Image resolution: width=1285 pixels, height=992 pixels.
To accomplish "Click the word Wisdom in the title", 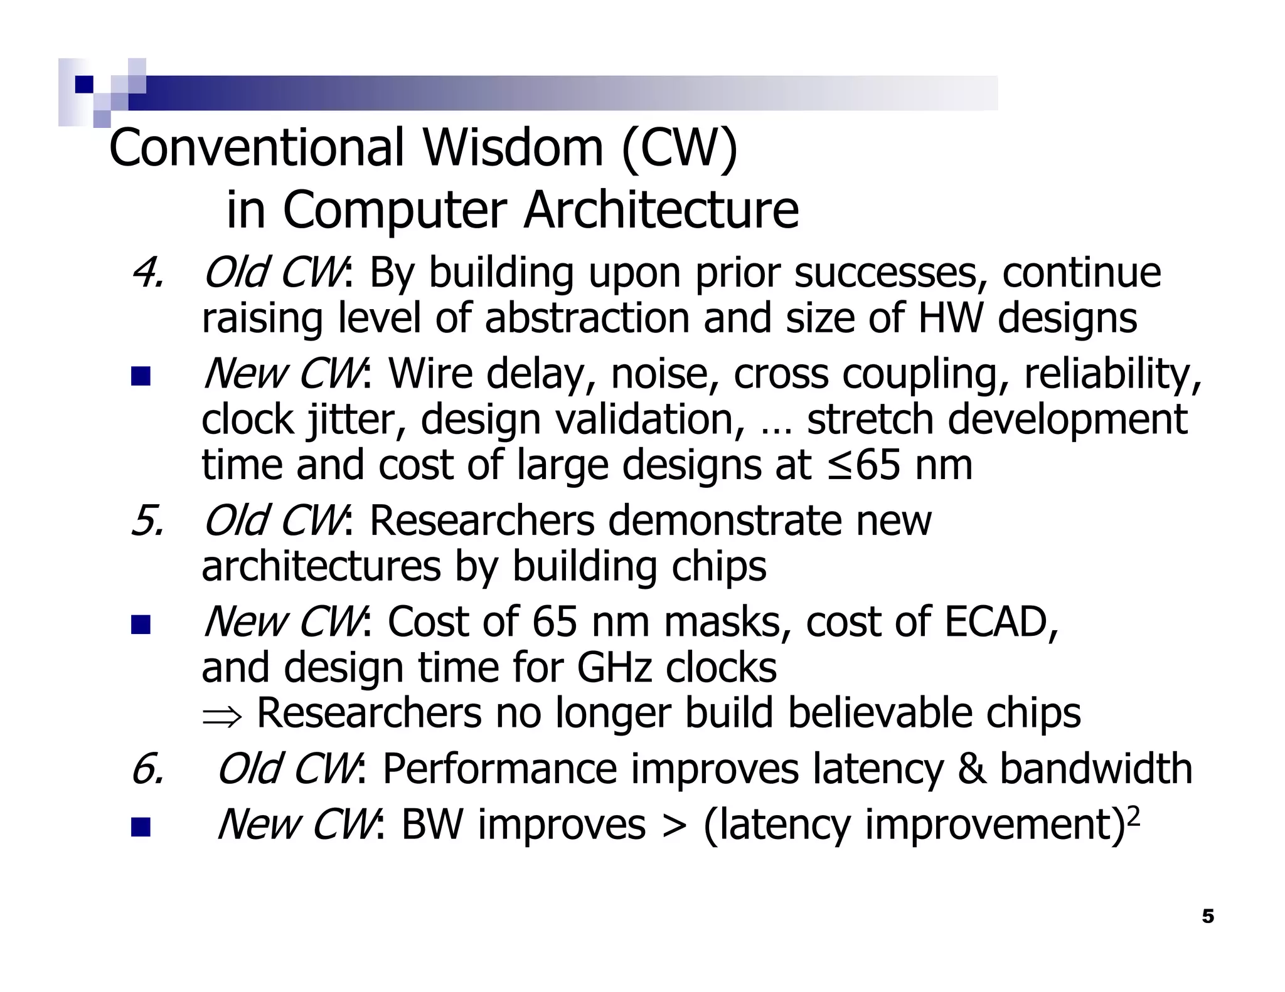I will (512, 148).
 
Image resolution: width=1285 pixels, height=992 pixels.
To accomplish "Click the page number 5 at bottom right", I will (1208, 917).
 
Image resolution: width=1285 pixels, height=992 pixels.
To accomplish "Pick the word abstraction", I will (588, 318).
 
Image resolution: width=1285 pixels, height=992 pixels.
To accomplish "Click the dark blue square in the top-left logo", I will (83, 84).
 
